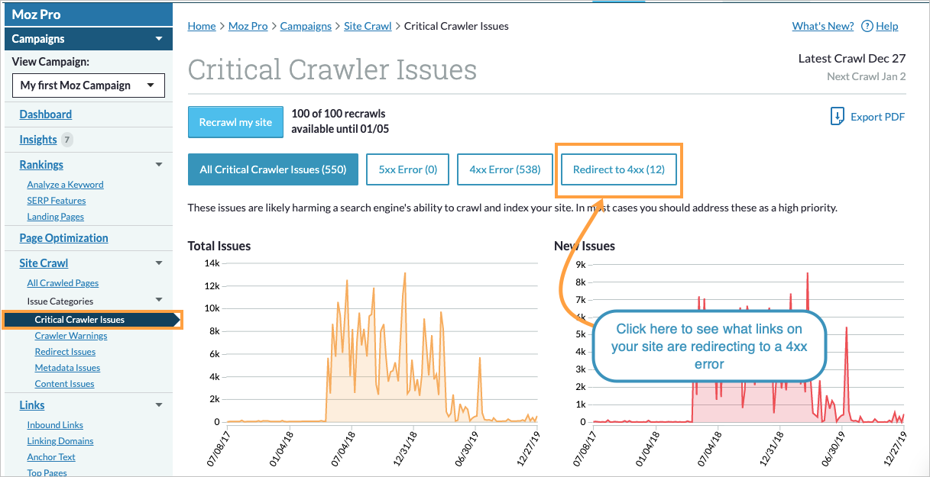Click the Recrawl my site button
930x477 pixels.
coord(235,122)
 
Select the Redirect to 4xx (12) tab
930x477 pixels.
coord(619,169)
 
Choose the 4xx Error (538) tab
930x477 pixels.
coord(504,169)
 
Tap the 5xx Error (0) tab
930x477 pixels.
coord(407,169)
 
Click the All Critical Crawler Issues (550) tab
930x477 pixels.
coord(273,169)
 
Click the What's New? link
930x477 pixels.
coord(822,26)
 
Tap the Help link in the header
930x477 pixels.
coord(886,26)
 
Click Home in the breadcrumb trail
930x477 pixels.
coord(202,26)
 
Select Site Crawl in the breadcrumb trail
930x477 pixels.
coord(368,26)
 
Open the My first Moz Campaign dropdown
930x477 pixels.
coord(88,85)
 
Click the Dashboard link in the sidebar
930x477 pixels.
coord(46,114)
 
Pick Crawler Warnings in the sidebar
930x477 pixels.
coord(71,336)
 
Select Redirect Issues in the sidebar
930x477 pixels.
coord(65,352)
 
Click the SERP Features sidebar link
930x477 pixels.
coord(57,201)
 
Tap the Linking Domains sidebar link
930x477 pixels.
coord(60,441)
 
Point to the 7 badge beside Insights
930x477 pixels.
coord(67,140)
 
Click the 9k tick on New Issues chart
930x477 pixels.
coord(581,265)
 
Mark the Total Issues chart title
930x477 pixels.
coord(219,246)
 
